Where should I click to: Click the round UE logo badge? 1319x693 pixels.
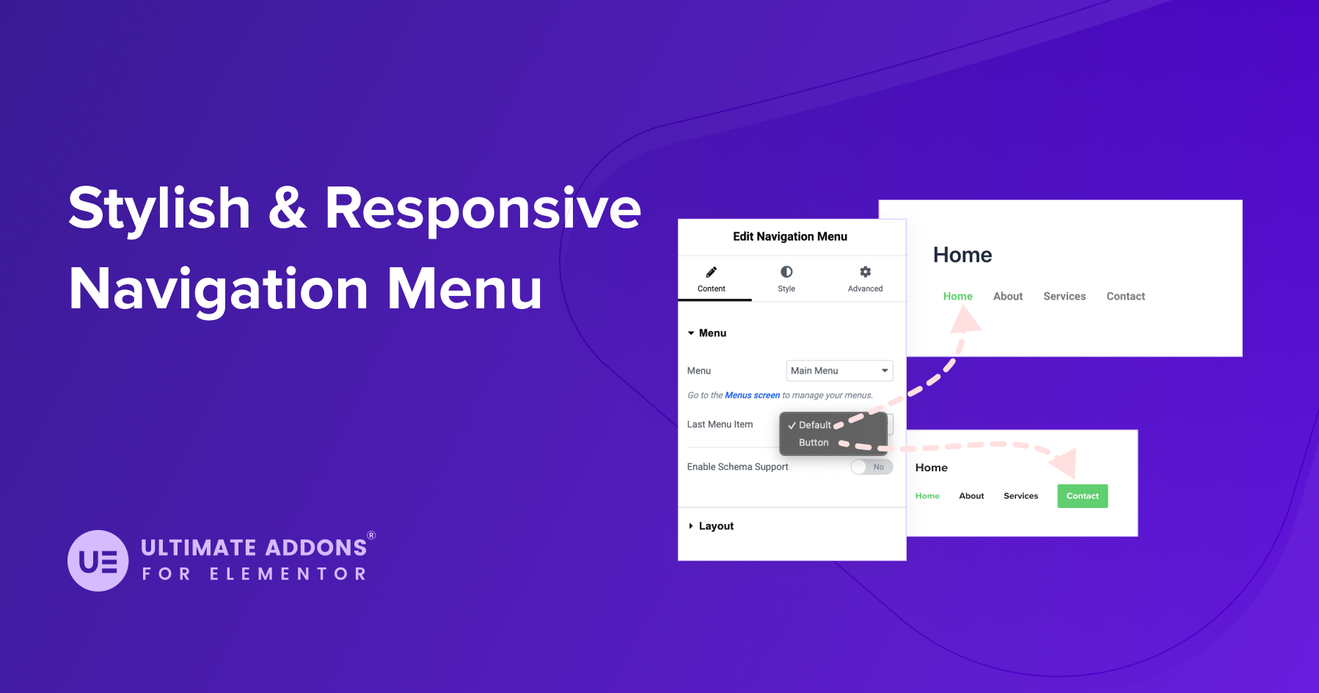(x=98, y=561)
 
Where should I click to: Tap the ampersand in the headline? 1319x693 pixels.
(x=287, y=208)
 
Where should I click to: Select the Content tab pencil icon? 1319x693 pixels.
(x=711, y=272)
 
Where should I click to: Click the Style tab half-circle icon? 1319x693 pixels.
(x=786, y=272)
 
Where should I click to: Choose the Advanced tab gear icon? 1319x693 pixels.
(x=865, y=272)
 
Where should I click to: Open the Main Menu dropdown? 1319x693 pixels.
(x=839, y=371)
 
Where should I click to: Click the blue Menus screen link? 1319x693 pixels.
(x=752, y=395)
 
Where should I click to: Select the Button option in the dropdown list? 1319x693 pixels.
(x=814, y=443)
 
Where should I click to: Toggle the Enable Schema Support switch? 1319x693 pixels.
(x=872, y=467)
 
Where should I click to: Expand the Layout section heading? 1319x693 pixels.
(x=715, y=526)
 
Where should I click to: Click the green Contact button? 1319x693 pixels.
(x=1082, y=496)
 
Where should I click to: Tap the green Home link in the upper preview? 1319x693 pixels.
(x=957, y=297)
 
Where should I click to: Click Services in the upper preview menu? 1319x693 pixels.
(x=1064, y=297)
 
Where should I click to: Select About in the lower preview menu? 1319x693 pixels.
(x=971, y=496)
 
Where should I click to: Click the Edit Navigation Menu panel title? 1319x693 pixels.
(x=790, y=236)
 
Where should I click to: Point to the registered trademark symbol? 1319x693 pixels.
(x=371, y=535)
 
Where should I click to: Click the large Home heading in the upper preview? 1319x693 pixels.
(x=962, y=255)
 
